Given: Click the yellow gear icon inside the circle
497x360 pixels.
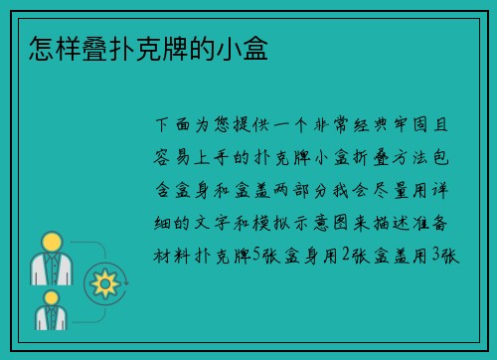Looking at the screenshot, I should point(103,284).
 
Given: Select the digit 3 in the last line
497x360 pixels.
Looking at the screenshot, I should point(434,256).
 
